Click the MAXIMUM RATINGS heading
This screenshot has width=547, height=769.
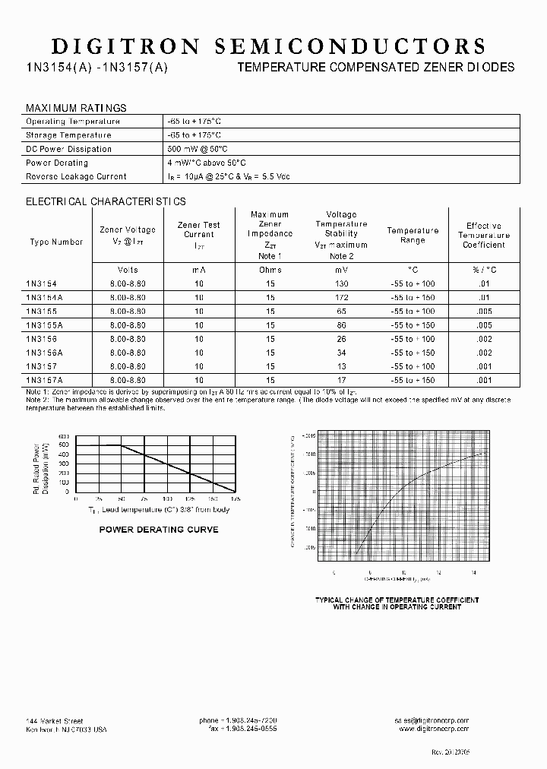[76, 108]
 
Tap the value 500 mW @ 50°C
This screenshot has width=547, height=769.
[198, 149]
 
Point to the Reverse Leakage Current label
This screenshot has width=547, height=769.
[76, 176]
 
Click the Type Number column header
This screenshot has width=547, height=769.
[56, 242]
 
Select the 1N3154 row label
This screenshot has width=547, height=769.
[41, 283]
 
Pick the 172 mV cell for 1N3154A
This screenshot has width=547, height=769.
[341, 298]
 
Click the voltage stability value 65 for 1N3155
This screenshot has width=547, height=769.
[341, 312]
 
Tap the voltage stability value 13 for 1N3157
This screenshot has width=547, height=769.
[341, 366]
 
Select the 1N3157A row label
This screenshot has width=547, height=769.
[44, 379]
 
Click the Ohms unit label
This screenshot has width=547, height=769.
[270, 270]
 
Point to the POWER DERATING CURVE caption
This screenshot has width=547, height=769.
[159, 530]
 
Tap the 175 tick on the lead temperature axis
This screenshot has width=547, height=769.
[235, 500]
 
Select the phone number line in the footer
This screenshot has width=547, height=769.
[238, 720]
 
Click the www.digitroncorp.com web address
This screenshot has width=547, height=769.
[433, 728]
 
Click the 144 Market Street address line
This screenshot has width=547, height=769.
[55, 720]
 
